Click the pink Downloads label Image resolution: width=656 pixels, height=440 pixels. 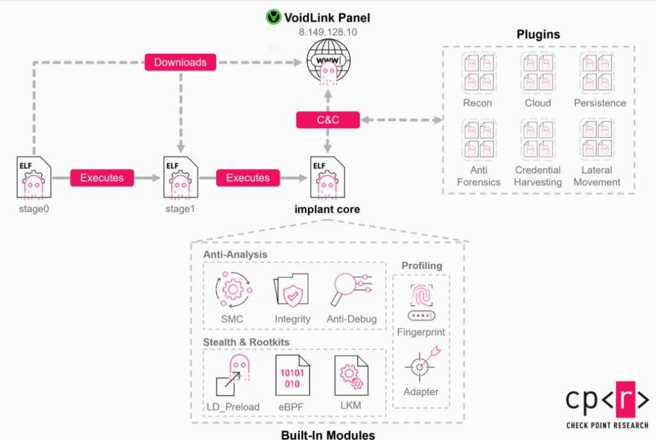181,62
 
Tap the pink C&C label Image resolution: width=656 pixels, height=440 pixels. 328,119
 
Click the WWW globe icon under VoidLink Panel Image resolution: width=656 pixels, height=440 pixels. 327,60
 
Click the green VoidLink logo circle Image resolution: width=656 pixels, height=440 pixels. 274,17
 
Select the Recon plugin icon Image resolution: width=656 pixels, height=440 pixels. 478,72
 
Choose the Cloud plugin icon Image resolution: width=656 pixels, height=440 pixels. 538,72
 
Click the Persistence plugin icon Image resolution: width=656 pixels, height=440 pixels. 596,72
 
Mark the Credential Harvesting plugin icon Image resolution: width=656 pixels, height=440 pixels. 538,139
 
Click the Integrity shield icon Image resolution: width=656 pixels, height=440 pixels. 291,291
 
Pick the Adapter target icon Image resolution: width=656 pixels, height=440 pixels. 421,364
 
